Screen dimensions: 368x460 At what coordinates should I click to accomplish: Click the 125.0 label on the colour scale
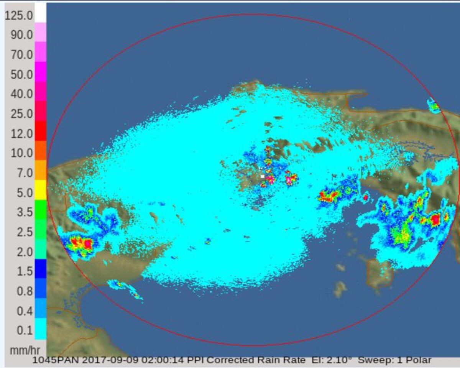[18, 16]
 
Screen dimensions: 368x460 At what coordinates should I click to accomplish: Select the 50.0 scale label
[21, 75]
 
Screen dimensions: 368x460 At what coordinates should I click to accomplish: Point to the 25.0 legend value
[21, 114]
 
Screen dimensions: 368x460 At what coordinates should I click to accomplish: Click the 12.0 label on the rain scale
[21, 134]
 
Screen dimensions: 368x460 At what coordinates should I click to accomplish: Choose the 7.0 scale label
[25, 173]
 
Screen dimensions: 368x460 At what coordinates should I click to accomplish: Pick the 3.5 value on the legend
[25, 212]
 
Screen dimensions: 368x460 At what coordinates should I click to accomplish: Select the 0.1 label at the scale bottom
[25, 330]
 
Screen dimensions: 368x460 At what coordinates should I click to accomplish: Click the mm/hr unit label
[21, 350]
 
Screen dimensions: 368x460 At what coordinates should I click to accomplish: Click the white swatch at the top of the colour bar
[40, 12]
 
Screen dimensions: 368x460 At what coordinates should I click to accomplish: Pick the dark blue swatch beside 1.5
[40, 268]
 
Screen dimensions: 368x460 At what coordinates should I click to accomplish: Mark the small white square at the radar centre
[263, 176]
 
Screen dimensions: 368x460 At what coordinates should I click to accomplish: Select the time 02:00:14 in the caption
[161, 360]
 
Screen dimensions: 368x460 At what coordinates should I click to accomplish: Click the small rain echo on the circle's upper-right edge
[434, 105]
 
